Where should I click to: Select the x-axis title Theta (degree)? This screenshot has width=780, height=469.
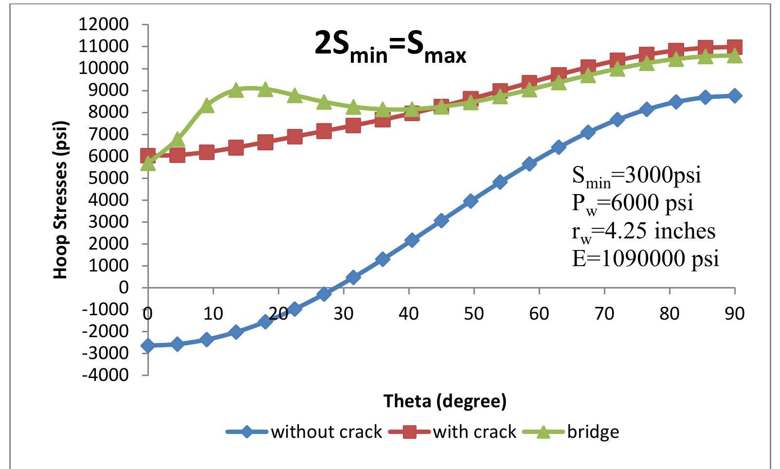coord(445,401)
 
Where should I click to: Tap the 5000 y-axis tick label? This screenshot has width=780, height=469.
coord(111,178)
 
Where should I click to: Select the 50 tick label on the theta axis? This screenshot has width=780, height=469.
coord(473,314)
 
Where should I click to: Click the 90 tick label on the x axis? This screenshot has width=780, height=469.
coord(734,314)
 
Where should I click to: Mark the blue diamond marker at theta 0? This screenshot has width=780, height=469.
coord(148,345)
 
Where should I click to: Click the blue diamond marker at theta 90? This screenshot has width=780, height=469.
coord(735,96)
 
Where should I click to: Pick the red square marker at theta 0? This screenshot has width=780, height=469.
coord(148,156)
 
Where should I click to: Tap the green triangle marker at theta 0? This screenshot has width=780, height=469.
coord(148,164)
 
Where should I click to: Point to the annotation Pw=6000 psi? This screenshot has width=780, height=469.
coord(632,203)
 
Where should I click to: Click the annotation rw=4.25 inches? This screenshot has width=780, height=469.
coord(643,231)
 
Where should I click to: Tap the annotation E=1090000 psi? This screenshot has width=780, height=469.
coord(645,258)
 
